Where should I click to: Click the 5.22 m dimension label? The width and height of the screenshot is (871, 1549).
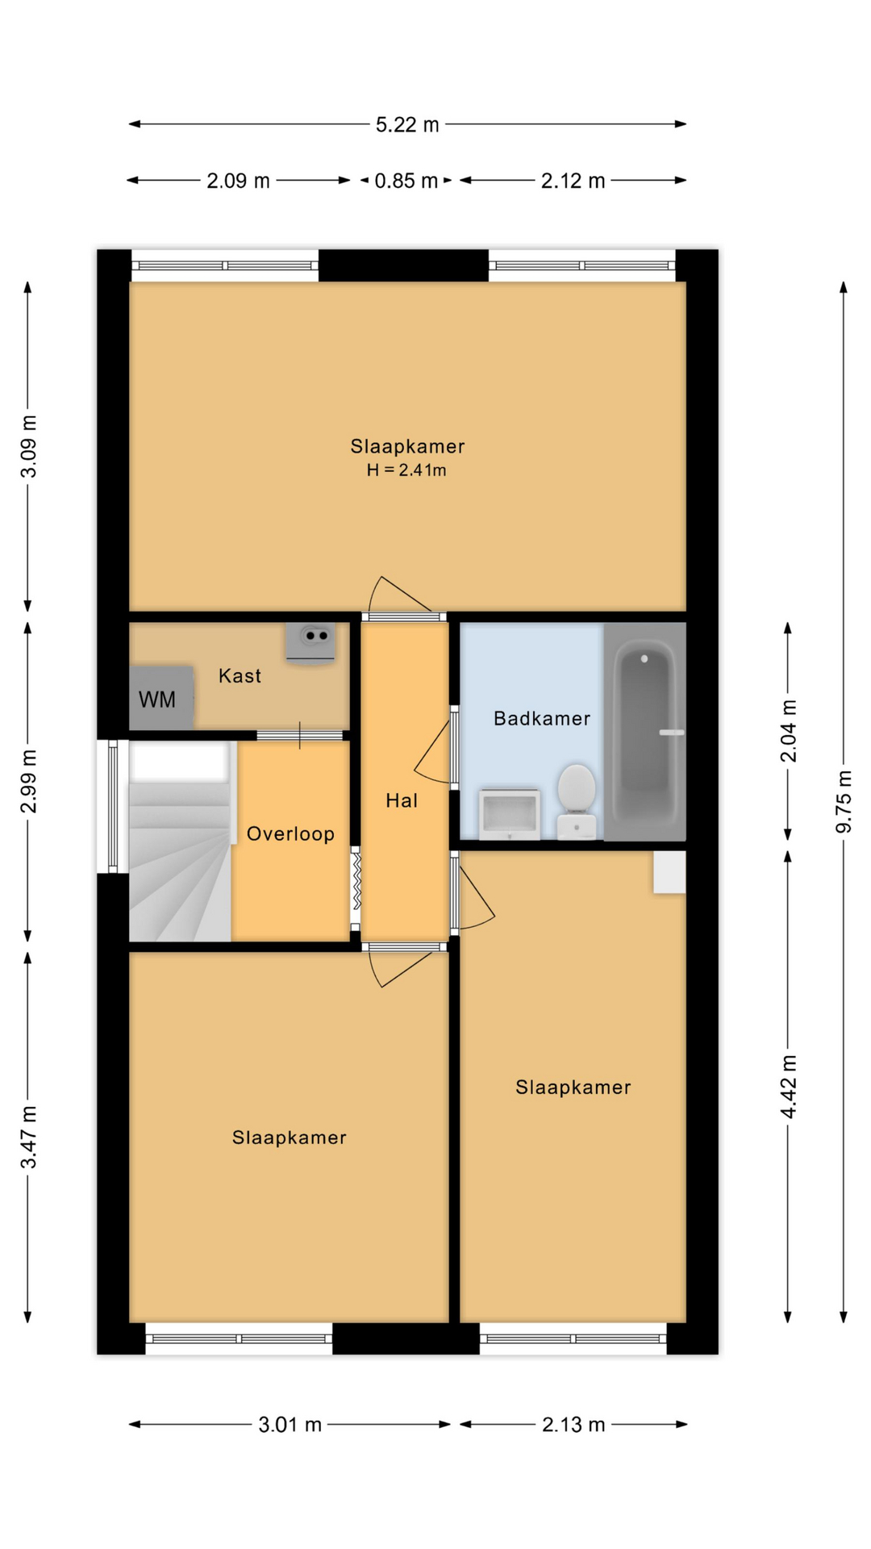(407, 124)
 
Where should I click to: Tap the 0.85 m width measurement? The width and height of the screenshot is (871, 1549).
(406, 181)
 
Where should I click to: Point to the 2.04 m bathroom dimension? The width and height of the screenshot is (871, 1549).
(788, 731)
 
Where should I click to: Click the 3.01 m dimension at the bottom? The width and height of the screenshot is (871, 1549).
(290, 1425)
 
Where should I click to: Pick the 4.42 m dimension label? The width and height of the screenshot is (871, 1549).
(788, 1087)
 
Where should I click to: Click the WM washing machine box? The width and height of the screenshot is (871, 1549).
(161, 698)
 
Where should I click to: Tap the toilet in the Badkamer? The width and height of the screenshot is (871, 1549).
(577, 800)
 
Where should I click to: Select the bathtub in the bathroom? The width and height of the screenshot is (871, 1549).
(644, 732)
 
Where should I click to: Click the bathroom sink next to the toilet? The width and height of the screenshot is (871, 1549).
(509, 814)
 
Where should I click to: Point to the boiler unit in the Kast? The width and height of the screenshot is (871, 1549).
(310, 643)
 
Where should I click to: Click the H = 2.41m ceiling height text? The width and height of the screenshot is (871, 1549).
(406, 470)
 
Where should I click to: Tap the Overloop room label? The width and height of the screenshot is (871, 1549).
(290, 833)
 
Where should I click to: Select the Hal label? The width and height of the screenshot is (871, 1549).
(402, 800)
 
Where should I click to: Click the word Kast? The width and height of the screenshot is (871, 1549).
(240, 676)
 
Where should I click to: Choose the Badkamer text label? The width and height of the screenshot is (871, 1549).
(542, 718)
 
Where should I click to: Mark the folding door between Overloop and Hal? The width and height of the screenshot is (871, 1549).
(356, 889)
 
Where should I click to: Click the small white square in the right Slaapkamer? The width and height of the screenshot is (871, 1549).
(669, 872)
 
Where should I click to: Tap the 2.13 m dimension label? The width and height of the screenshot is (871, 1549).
(573, 1425)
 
